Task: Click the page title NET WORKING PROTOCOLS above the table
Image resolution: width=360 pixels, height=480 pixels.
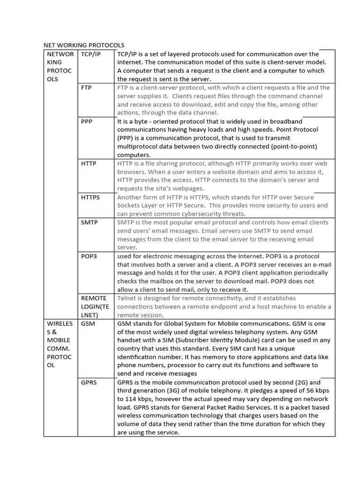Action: pyautogui.click(x=84, y=45)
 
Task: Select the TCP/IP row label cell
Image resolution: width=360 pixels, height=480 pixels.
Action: pyautogui.click(x=90, y=54)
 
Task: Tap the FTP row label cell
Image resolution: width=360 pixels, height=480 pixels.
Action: pyautogui.click(x=86, y=88)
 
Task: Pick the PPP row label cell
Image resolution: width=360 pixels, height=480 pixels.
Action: pyautogui.click(x=87, y=121)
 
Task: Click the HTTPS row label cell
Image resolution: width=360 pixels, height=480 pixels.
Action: pyautogui.click(x=90, y=197)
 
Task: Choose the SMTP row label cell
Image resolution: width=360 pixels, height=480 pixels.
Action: pyautogui.click(x=90, y=223)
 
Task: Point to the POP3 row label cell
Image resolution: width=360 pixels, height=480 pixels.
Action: pyautogui.click(x=89, y=256)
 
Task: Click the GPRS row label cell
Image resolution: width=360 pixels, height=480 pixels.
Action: pyautogui.click(x=89, y=382)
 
